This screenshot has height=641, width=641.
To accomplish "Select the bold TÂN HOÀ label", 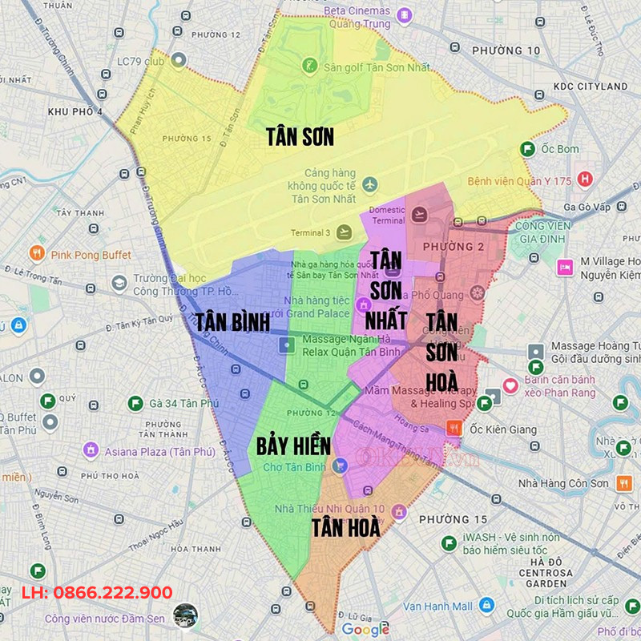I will tap(345, 527).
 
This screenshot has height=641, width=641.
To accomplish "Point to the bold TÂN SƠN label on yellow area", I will tap(300, 137).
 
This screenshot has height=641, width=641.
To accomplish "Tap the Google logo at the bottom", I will tap(365, 630).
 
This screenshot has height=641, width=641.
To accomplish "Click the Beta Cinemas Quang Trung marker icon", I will tap(405, 14).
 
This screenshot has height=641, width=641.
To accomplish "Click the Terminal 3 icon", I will tap(345, 232).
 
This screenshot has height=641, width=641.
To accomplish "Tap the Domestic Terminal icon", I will tap(419, 214).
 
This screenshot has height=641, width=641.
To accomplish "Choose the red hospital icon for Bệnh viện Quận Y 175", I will tap(586, 178).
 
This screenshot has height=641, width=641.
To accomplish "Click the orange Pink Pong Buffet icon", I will tap(36, 254).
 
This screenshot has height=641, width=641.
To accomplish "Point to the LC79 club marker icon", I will tap(179, 60).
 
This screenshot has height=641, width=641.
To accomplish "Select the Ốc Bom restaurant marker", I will tap(527, 149).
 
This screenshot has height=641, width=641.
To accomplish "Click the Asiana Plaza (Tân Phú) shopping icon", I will tap(91, 450).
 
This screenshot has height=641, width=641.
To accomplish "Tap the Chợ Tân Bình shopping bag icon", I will tap(341, 466).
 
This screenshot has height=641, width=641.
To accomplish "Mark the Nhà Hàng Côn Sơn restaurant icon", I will tap(624, 483).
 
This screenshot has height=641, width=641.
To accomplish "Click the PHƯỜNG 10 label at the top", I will tap(506, 50).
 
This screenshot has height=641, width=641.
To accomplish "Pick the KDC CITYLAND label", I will tap(591, 86).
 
